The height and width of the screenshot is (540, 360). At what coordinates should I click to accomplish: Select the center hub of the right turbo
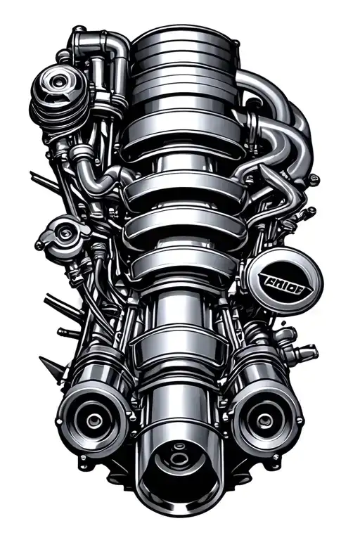(264, 420)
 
